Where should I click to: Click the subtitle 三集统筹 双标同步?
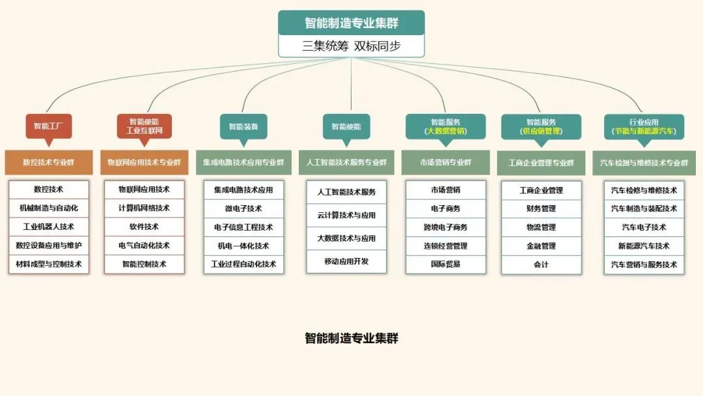[x=351, y=46]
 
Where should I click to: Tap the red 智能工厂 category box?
[x=49, y=126]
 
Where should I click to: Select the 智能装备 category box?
[x=243, y=126]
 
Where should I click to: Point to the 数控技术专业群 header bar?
[x=49, y=162]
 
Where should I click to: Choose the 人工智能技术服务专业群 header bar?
[x=346, y=162]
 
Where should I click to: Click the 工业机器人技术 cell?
[x=49, y=227]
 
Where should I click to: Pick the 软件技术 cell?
[x=144, y=227]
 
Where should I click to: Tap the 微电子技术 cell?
[x=243, y=208]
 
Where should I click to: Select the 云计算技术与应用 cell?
[x=346, y=215]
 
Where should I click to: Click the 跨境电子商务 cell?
[x=446, y=227]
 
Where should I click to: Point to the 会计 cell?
[x=541, y=264]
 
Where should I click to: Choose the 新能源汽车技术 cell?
[x=644, y=246]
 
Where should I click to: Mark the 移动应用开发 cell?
[x=346, y=261]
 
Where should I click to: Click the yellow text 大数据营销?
[x=446, y=131]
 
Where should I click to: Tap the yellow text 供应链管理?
[x=541, y=131]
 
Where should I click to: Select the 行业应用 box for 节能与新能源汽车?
[x=644, y=126]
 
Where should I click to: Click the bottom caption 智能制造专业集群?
[x=351, y=338]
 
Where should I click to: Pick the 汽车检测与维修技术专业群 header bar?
[x=644, y=162]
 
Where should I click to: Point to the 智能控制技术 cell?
[x=144, y=264]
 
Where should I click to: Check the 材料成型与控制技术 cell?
[x=49, y=264]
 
